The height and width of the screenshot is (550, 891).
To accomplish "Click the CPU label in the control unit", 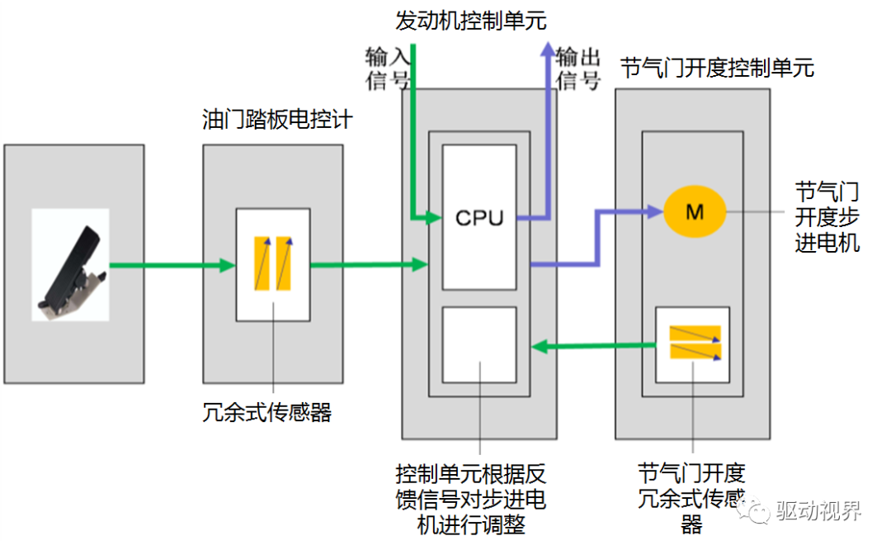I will pos(478,218).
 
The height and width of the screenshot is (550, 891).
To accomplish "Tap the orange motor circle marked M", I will pos(695,212).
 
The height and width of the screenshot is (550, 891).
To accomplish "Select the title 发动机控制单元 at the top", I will pos(472,18).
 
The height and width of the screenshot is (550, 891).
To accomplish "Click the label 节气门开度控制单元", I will pos(716,68).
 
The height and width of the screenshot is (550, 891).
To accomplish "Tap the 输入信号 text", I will pos(387,68).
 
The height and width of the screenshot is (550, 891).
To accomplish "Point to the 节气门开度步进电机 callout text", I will pos(827,218).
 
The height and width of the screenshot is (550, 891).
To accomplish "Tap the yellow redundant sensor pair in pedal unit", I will pos(274,263).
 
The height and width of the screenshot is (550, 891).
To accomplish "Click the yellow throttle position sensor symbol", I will pos(694,343).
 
